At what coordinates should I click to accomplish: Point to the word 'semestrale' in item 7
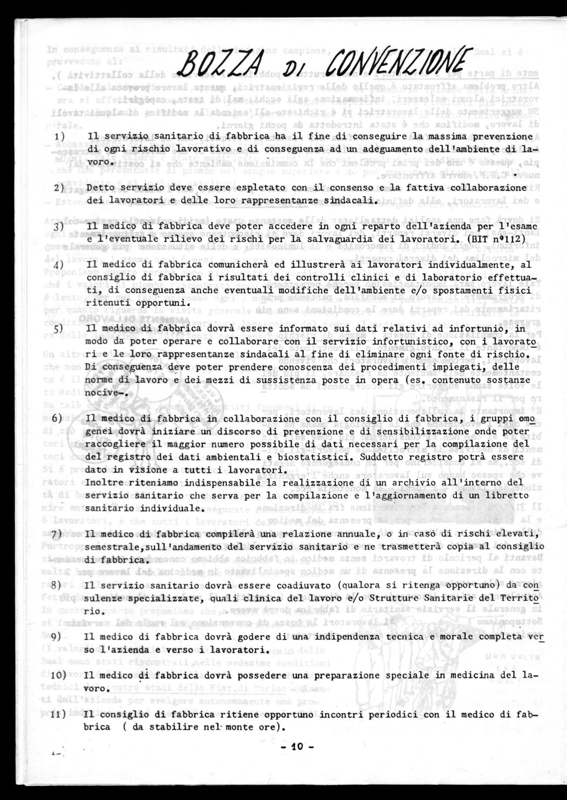pyautogui.click(x=111, y=546)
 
